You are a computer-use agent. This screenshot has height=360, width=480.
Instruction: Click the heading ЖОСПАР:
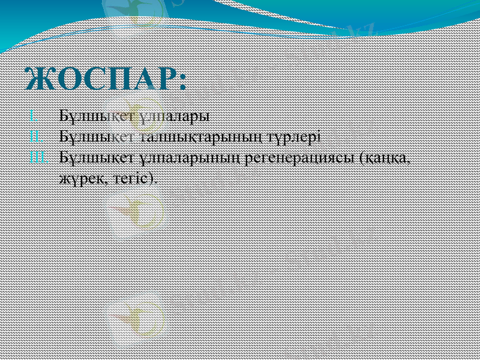tap(106, 79)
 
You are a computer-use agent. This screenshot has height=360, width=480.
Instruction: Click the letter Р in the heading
tap(162, 79)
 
